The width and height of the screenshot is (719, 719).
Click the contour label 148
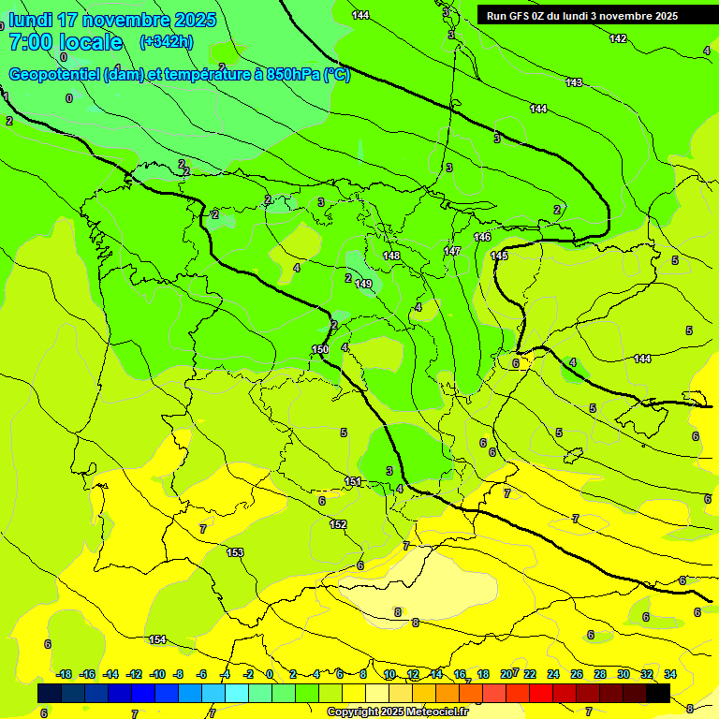391,256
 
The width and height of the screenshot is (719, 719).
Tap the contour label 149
363,284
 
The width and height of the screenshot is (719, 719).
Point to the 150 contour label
320,349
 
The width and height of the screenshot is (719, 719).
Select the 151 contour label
353,481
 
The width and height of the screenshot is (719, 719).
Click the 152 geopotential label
338,524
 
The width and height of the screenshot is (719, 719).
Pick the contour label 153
235,552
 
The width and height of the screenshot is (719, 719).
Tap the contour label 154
157,639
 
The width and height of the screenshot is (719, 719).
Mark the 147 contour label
452,251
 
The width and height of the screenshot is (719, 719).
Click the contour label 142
618,38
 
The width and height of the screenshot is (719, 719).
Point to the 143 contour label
574,82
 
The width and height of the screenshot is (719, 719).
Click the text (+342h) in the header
166,41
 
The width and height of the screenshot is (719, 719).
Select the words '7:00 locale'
66,42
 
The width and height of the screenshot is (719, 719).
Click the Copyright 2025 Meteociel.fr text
397,712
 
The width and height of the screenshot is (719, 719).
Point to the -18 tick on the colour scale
65,674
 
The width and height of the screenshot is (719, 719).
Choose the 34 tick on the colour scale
670,674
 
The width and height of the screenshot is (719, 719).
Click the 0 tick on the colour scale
270,674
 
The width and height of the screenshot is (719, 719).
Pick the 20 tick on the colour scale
506,674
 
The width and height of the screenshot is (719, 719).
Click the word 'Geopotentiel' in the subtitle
54,74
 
